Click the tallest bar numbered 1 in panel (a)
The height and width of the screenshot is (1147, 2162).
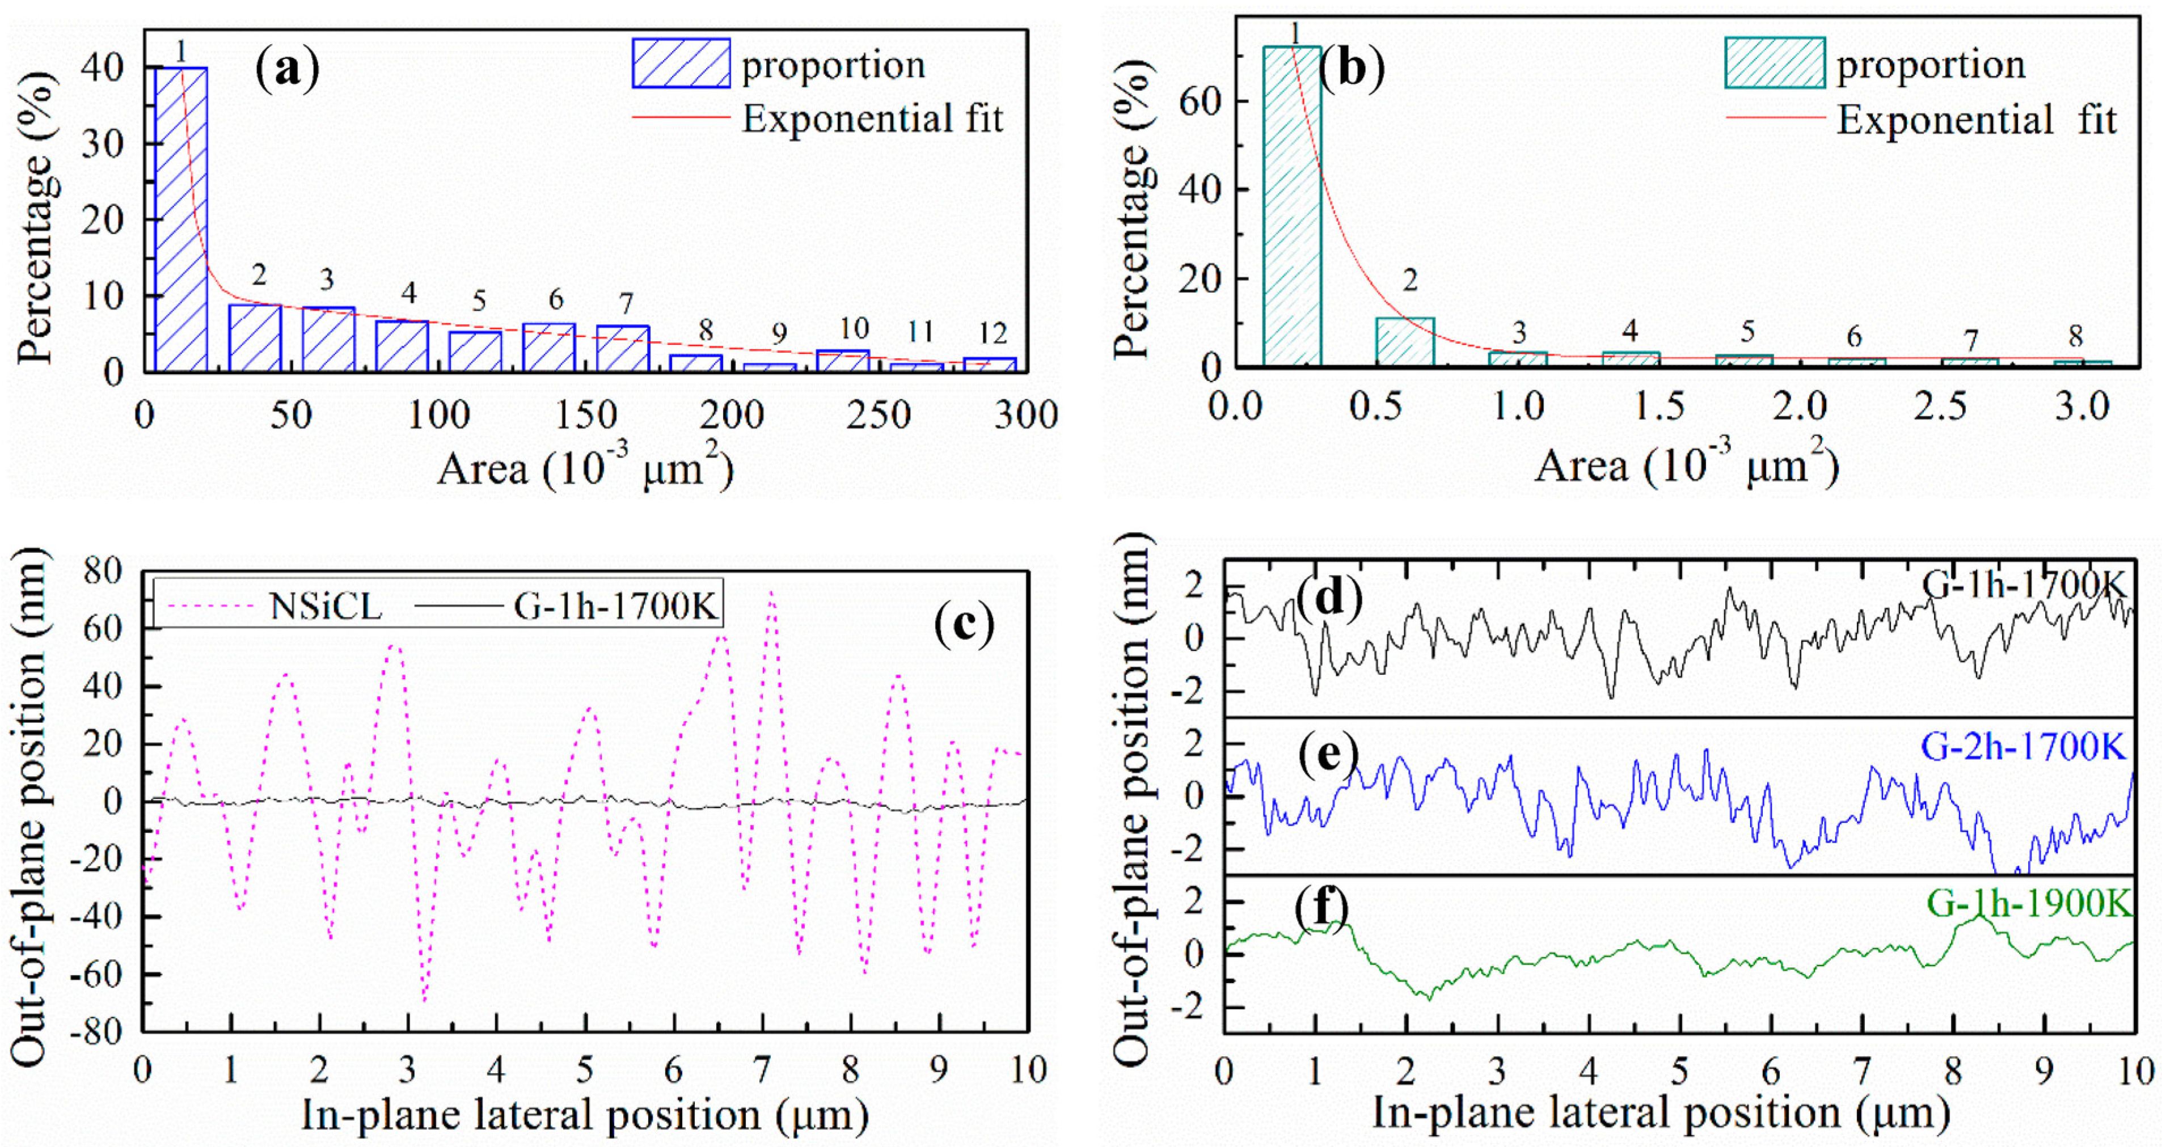(180, 218)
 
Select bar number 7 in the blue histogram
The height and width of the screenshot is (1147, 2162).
(622, 348)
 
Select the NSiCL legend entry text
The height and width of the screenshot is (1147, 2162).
(326, 605)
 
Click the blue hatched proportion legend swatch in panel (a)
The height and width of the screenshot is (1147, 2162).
(681, 64)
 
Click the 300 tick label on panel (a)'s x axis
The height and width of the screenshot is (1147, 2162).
(1025, 416)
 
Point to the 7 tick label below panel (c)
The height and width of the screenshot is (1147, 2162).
(761, 1070)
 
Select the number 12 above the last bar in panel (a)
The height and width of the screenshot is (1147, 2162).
(992, 334)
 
